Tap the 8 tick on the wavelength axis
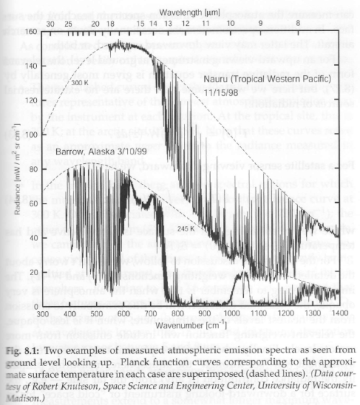pos(297,22)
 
